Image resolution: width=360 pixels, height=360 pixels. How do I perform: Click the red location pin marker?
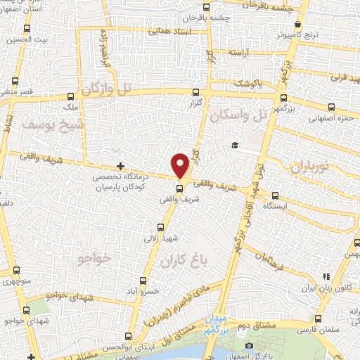[181, 165]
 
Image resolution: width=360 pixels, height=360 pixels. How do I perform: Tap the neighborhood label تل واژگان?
[108, 90]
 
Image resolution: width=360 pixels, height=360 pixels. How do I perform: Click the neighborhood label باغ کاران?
[186, 262]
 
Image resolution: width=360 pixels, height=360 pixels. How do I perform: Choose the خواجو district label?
[92, 259]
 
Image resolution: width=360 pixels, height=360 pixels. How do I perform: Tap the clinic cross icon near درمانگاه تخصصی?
[122, 166]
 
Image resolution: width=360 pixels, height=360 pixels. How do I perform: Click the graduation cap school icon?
[233, 145]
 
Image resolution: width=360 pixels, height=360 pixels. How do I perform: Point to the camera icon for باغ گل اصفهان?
[250, 345]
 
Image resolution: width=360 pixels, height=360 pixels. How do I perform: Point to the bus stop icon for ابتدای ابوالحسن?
[127, 336]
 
